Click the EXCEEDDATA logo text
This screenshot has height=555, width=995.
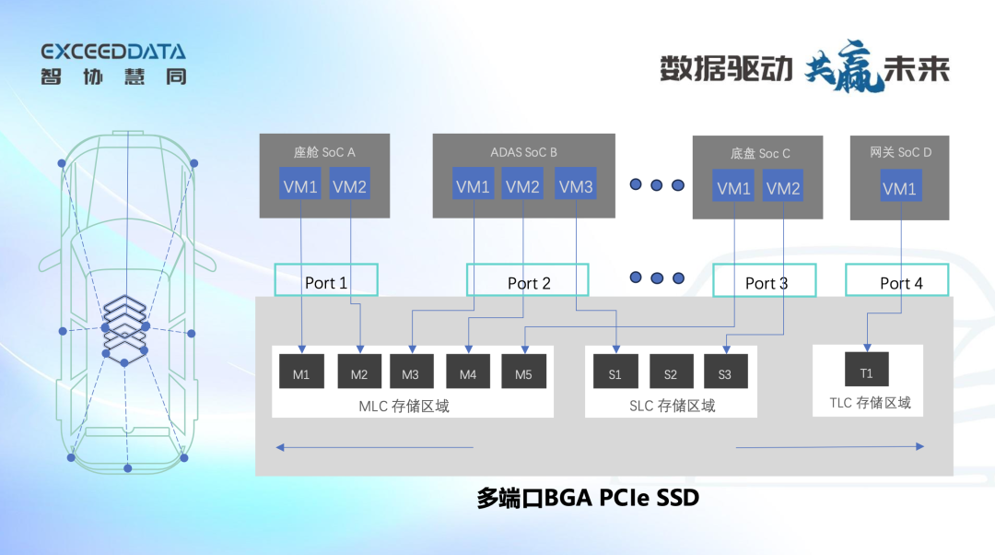pyautogui.click(x=112, y=52)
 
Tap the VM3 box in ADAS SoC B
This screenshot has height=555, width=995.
pyautogui.click(x=576, y=187)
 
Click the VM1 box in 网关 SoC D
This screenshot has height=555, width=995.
pyautogui.click(x=900, y=189)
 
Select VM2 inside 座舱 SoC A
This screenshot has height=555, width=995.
pyautogui.click(x=349, y=187)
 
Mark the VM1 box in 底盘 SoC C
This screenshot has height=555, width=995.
pyautogui.click(x=734, y=189)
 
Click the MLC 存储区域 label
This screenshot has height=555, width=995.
pyautogui.click(x=404, y=406)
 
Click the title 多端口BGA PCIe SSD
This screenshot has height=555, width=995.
pyautogui.click(x=588, y=499)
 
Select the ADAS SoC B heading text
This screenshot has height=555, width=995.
pyautogui.click(x=523, y=152)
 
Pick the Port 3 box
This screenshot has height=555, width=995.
pyautogui.click(x=765, y=282)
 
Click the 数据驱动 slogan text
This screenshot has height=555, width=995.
pyautogui.click(x=726, y=67)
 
